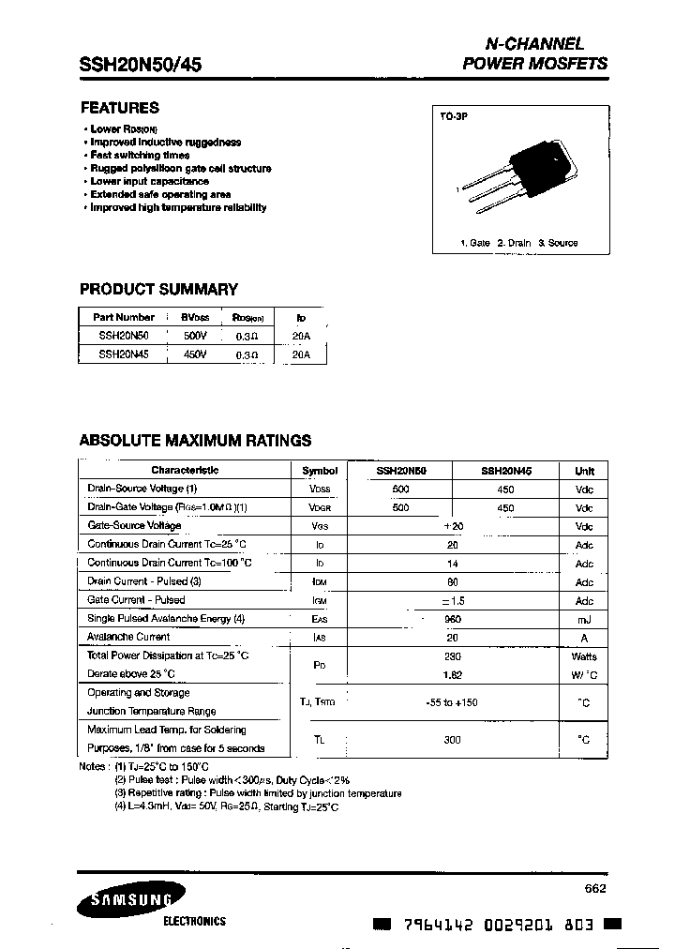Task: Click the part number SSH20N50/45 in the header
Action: pos(141,65)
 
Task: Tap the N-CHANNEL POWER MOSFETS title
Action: pos(534,54)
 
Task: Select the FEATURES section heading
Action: pos(119,108)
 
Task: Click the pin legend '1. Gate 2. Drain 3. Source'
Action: pos(518,243)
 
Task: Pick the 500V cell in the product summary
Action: pos(195,335)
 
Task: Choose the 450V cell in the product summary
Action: pos(195,354)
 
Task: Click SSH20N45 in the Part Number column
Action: pos(124,354)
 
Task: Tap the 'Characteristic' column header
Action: pos(185,471)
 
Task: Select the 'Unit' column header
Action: pos(584,471)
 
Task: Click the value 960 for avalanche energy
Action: pos(453,619)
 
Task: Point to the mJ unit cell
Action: pos(584,619)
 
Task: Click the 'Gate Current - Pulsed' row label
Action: pos(136,600)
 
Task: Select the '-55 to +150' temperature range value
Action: pos(453,701)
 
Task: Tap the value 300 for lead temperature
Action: pos(453,739)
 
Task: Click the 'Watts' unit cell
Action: pos(584,656)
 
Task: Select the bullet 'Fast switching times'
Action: pos(140,156)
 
